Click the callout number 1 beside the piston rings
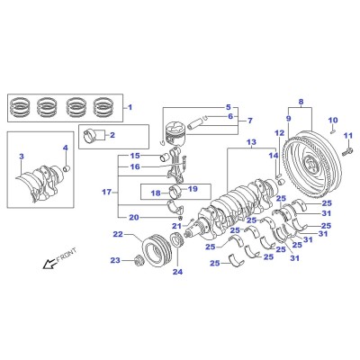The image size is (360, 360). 130,107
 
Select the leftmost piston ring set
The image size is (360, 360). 20,107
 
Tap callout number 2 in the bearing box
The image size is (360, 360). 112,135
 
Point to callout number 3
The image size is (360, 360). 22,157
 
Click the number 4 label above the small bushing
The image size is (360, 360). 66,148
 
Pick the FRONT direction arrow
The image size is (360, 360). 48,264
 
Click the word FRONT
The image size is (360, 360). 66,255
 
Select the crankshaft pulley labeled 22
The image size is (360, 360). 157,250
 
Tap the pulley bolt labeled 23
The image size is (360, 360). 139,260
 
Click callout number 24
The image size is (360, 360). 177,272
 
